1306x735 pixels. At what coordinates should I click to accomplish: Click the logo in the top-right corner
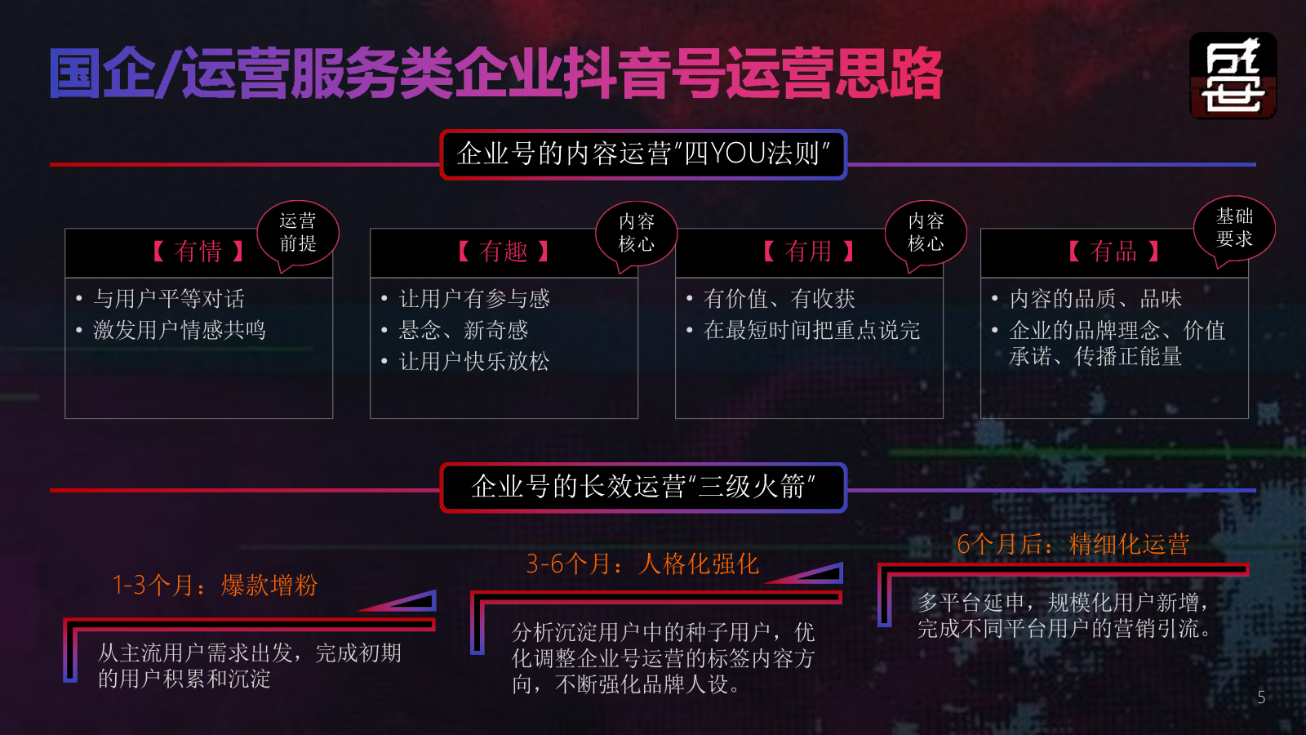pyautogui.click(x=1233, y=75)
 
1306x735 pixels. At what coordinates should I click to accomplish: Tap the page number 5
pyautogui.click(x=1261, y=697)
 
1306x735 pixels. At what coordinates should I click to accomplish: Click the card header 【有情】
pyautogui.click(x=198, y=252)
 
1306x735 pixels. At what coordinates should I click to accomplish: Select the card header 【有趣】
pyautogui.click(x=503, y=252)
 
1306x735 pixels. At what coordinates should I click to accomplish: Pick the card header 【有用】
pyautogui.click(x=808, y=252)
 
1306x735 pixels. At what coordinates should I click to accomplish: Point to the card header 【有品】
pyautogui.click(x=1113, y=252)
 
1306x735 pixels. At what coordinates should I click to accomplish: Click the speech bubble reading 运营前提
pyautogui.click(x=298, y=233)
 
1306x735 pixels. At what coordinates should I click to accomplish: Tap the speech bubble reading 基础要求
pyautogui.click(x=1234, y=228)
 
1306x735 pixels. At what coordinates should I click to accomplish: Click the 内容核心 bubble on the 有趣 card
pyautogui.click(x=637, y=233)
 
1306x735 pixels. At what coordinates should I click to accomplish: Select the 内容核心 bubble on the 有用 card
pyautogui.click(x=926, y=233)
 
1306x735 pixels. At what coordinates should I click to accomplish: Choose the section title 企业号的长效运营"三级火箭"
pyautogui.click(x=643, y=488)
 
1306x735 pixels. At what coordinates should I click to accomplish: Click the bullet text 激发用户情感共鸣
pyautogui.click(x=180, y=330)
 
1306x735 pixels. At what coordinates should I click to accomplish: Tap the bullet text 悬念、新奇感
pyautogui.click(x=464, y=330)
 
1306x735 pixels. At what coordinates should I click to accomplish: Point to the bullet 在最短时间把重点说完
pyautogui.click(x=811, y=330)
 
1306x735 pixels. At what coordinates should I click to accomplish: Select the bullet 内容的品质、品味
pyautogui.click(x=1095, y=299)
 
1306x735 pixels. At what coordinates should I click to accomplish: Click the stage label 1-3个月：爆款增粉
pyautogui.click(x=215, y=585)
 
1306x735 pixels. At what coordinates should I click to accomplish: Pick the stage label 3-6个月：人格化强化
pyautogui.click(x=642, y=563)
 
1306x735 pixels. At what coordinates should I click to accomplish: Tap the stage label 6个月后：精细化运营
pyautogui.click(x=1073, y=544)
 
